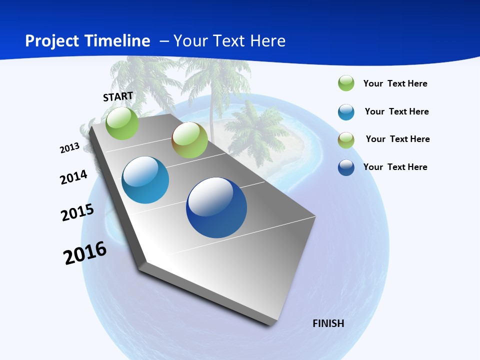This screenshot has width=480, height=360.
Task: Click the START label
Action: [x=118, y=96]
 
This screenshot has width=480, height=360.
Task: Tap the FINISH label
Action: [x=328, y=323]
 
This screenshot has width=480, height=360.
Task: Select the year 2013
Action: [x=70, y=148]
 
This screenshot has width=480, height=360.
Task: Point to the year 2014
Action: [x=74, y=177]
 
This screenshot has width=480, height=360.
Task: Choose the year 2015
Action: [x=77, y=212]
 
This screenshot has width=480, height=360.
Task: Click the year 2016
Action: [x=85, y=253]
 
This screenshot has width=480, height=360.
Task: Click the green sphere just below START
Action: [x=122, y=123]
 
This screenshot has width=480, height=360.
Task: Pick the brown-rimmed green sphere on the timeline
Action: [x=189, y=140]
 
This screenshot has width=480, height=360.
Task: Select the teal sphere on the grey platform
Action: [x=145, y=180]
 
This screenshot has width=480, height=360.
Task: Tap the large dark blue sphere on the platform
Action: [x=216, y=207]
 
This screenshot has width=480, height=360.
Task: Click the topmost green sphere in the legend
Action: [x=346, y=83]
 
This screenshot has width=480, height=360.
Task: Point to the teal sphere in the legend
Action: [x=346, y=112]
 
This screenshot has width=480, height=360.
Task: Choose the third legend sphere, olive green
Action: [x=346, y=140]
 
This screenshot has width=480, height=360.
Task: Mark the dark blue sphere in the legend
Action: [x=346, y=167]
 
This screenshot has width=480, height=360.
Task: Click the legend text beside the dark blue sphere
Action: [x=395, y=167]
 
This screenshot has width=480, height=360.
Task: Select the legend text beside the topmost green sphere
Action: [x=395, y=83]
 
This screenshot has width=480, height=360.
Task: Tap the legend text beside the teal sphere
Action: [x=397, y=111]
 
